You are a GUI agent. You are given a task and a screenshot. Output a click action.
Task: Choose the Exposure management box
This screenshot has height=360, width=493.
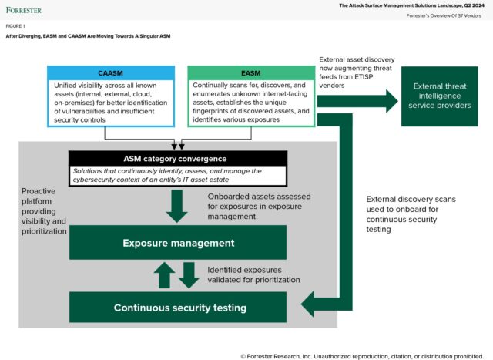[178, 243]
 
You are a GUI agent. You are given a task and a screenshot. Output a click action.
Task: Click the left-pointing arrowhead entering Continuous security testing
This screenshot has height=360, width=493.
[310, 305]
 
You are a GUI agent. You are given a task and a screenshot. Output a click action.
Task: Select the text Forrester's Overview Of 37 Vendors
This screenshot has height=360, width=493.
[447, 16]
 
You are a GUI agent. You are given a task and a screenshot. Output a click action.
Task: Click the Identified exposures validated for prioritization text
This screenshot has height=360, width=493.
[253, 275]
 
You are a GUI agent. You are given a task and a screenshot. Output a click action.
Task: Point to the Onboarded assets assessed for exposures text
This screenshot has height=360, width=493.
[257, 206]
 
